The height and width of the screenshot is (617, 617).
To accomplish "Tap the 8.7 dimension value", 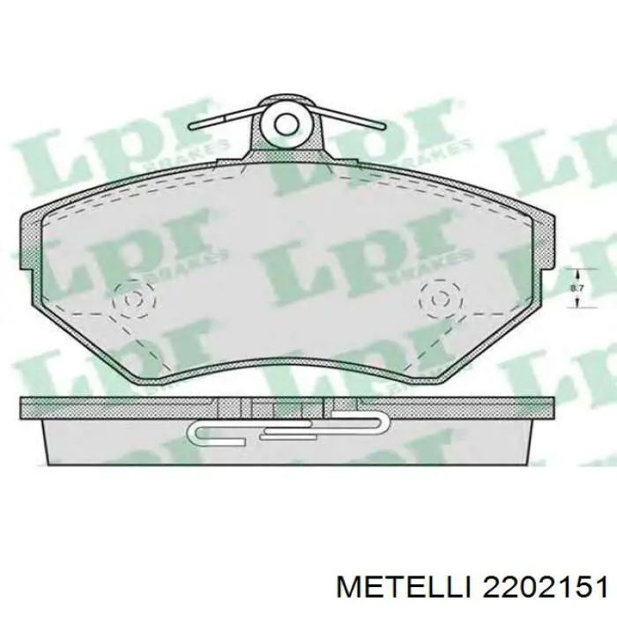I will [x=576, y=287].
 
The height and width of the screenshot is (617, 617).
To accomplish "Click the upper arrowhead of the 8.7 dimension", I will [x=576, y=271].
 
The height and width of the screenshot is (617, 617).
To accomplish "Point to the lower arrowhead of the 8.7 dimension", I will [x=576, y=303].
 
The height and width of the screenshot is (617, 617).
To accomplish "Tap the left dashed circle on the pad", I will [x=134, y=300].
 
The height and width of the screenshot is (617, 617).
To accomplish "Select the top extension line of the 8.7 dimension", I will [x=573, y=267].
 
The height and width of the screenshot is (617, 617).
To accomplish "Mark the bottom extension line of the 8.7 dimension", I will [x=573, y=308].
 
